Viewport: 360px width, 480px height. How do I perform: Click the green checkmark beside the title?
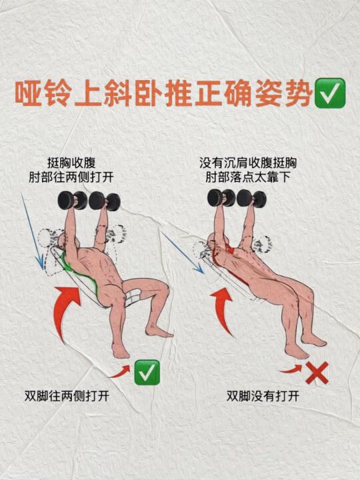tap(330, 93)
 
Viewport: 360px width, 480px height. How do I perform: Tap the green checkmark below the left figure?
tap(147, 372)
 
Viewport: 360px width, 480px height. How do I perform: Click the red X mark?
tap(317, 373)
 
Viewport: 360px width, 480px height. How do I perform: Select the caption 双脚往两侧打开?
tap(67, 396)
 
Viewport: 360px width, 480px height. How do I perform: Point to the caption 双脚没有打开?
tap(263, 396)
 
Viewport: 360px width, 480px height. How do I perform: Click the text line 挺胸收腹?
tap(71, 163)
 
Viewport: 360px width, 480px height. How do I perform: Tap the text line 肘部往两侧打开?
tap(71, 177)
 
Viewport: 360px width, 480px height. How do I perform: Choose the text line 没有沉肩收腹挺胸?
tap(248, 163)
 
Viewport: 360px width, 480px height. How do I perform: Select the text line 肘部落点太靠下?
tap(248, 177)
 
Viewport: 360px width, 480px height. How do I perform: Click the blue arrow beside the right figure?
tap(182, 252)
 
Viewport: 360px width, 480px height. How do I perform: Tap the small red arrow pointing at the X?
tap(291, 369)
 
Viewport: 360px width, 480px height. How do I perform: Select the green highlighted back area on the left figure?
tap(80, 273)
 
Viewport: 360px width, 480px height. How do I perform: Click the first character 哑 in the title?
tap(29, 93)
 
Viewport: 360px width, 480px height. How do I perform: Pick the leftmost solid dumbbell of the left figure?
tap(73, 201)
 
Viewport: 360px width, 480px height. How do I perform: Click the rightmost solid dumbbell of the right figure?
tap(251, 199)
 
